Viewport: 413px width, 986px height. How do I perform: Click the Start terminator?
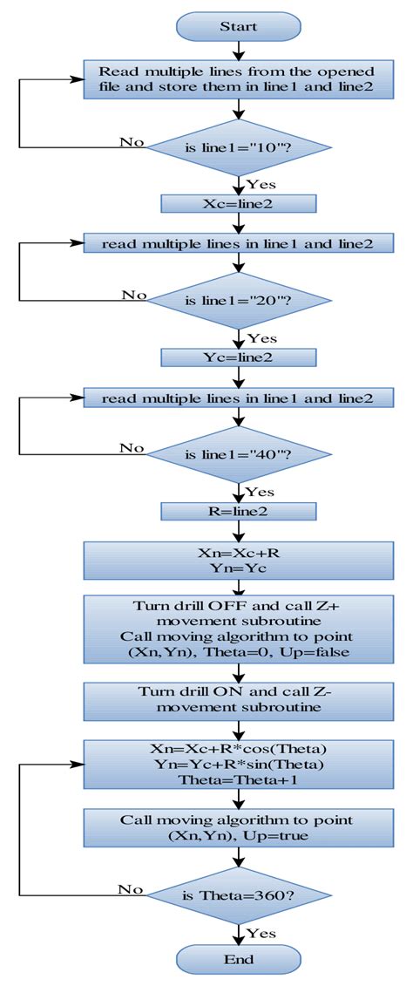(238, 26)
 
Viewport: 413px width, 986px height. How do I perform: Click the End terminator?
(238, 959)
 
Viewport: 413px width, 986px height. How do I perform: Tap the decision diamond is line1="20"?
(239, 301)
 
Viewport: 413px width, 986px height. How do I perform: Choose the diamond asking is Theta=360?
(239, 894)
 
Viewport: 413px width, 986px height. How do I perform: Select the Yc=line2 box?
(238, 357)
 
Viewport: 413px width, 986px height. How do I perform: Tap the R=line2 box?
(238, 510)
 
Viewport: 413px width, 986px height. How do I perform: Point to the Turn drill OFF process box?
(238, 629)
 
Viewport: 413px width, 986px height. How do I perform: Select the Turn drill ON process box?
(238, 699)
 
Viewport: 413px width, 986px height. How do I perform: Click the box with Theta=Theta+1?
(238, 765)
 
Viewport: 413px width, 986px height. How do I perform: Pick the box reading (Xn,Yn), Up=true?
(238, 827)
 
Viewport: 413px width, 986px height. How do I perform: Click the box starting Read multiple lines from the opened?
(238, 78)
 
